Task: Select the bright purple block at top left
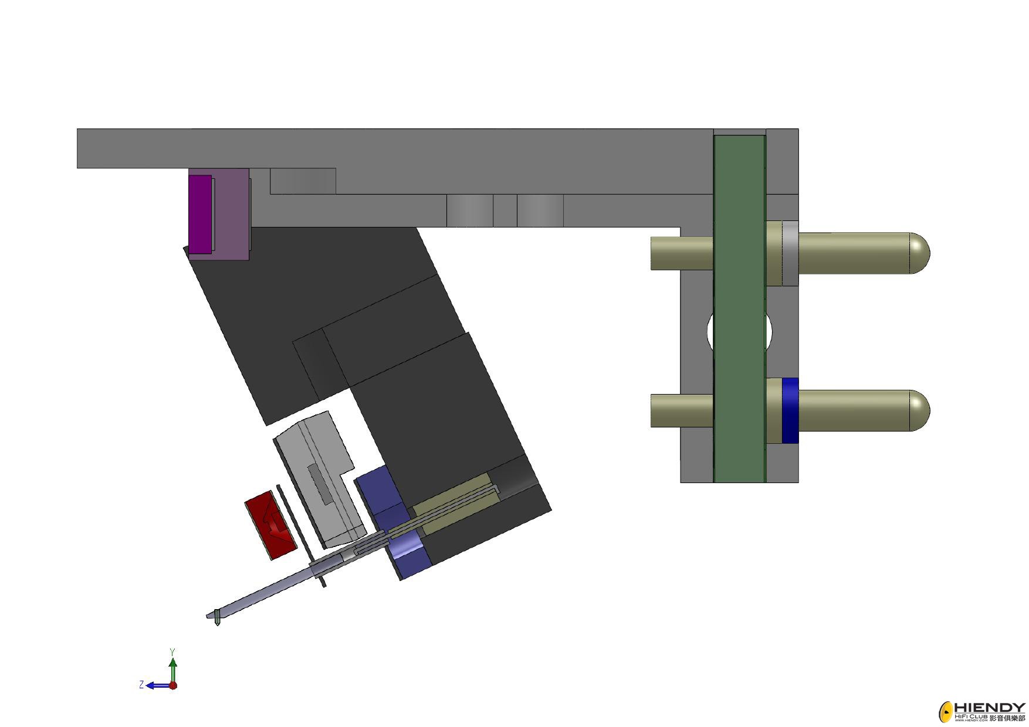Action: coord(200,214)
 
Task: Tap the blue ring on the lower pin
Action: coord(790,410)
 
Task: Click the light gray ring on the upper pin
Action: coord(790,253)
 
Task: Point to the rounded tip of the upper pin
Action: coord(920,253)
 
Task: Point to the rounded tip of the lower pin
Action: coord(920,410)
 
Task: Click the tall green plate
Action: coord(740,309)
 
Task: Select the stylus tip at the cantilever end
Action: coord(218,617)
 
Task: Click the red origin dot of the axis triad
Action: coord(173,685)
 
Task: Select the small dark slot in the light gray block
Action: coord(320,484)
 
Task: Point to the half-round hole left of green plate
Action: coord(710,332)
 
